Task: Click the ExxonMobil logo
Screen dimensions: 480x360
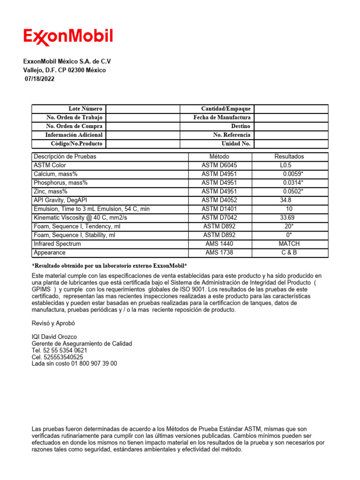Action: tap(68, 37)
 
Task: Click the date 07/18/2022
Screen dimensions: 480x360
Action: tap(39, 79)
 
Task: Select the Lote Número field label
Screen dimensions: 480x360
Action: tap(85, 109)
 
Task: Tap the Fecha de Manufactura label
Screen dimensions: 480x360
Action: tap(222, 118)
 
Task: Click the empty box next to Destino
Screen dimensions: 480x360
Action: tap(291, 127)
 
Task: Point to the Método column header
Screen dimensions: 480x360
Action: tap(219, 157)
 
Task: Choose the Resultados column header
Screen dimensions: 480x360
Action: tap(289, 157)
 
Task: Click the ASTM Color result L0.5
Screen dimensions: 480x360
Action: tap(285, 165)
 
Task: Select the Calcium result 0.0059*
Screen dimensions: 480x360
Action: tap(292, 174)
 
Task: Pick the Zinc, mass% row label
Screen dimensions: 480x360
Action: tap(51, 191)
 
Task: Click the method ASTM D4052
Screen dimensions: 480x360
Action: tap(219, 200)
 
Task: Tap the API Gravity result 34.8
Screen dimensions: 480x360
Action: tap(286, 200)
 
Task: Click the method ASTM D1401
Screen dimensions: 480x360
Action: tap(219, 209)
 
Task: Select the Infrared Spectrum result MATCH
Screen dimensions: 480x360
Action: tap(289, 244)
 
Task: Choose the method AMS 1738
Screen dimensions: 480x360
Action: tap(219, 253)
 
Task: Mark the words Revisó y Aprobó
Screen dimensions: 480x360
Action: tap(53, 323)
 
